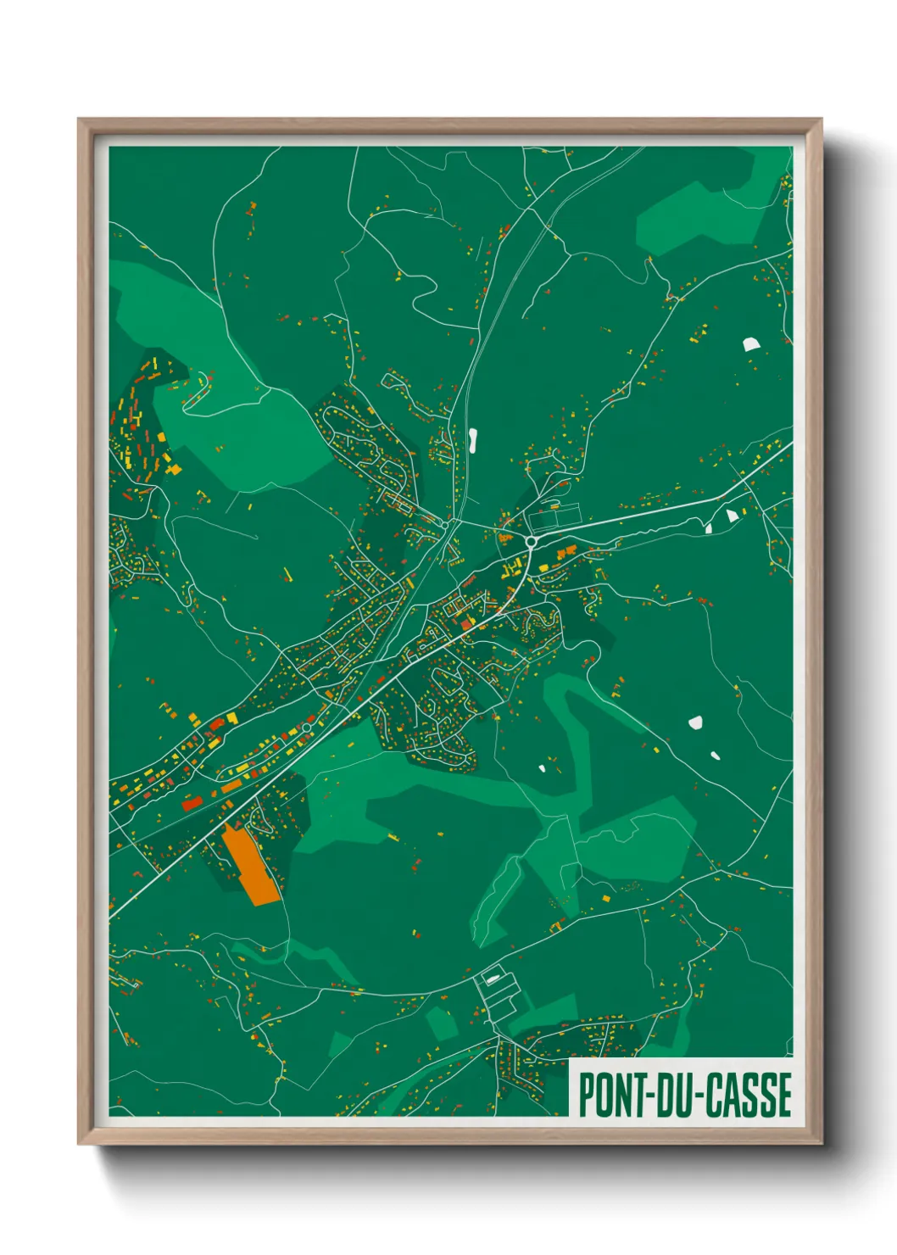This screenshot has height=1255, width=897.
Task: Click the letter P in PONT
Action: tap(586, 1095)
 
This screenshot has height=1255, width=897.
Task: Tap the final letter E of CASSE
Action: tap(784, 1095)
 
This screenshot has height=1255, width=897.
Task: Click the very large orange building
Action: tap(251, 866)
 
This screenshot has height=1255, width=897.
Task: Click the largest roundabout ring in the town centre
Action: tap(531, 541)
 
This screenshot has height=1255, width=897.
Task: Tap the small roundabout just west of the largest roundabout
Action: tap(444, 526)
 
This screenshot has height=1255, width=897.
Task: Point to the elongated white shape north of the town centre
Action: tap(471, 439)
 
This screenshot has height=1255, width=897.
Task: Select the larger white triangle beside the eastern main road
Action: tap(733, 515)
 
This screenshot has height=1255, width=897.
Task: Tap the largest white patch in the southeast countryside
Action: tap(696, 722)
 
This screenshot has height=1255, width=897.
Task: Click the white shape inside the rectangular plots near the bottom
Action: tap(491, 978)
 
